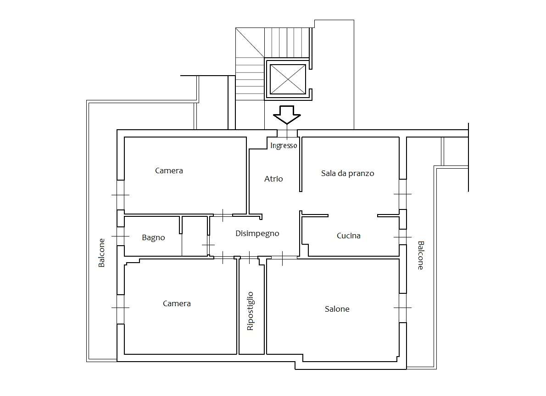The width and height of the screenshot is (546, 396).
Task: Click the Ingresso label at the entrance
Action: pyautogui.click(x=284, y=145)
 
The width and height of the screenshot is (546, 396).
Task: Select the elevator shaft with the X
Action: pyautogui.click(x=288, y=79)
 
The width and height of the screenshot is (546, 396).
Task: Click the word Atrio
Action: pyautogui.click(x=273, y=179)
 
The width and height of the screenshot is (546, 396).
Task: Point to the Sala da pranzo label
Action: pyautogui.click(x=347, y=173)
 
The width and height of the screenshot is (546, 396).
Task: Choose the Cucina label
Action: pyautogui.click(x=349, y=236)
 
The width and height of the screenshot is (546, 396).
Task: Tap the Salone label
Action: pyautogui.click(x=337, y=308)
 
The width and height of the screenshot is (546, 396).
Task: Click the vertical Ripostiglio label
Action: pyautogui.click(x=250, y=311)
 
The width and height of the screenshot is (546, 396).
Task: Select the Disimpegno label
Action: pyautogui.click(x=257, y=233)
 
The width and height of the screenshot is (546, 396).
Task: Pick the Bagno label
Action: pyautogui.click(x=153, y=238)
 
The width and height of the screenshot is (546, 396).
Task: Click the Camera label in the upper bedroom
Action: pyautogui.click(x=169, y=170)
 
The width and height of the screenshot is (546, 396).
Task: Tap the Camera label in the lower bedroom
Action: pyautogui.click(x=177, y=303)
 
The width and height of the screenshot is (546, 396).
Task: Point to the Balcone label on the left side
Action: pyautogui.click(x=101, y=253)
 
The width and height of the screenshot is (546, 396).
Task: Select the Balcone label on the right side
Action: pyautogui.click(x=421, y=255)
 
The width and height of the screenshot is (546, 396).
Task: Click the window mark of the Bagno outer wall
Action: pyautogui.click(x=121, y=236)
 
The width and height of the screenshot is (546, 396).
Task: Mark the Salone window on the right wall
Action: pyautogui.click(x=402, y=308)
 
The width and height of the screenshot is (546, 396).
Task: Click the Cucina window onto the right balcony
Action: pyautogui.click(x=402, y=237)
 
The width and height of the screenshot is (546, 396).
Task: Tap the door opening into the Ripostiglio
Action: pyautogui.click(x=249, y=258)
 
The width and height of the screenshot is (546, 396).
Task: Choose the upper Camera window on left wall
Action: pyautogui.click(x=121, y=195)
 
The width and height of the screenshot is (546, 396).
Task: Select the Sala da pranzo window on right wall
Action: pyautogui.click(x=402, y=194)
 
